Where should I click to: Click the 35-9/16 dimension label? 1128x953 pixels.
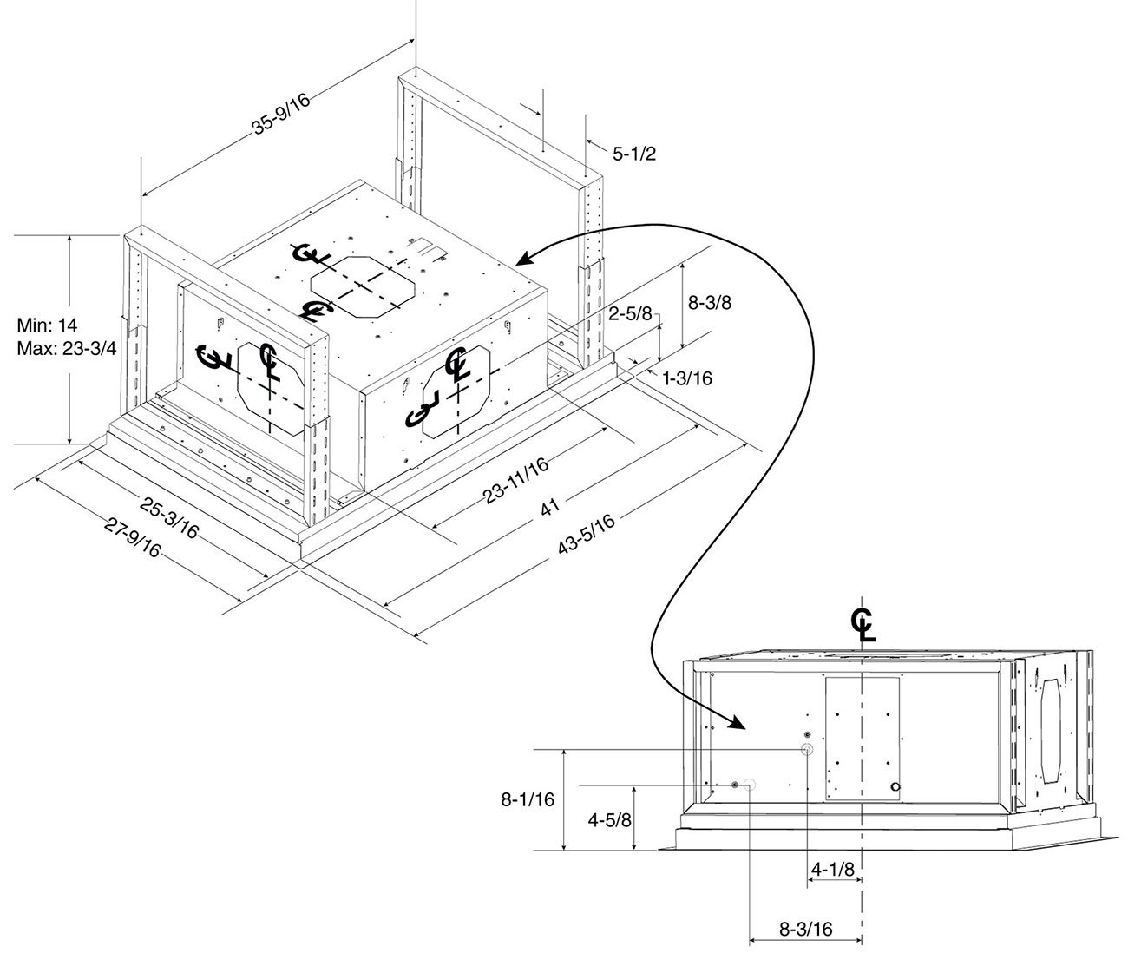click(x=281, y=114)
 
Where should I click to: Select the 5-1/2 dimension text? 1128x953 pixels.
click(x=633, y=154)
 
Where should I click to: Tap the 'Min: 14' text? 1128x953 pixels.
click(x=47, y=325)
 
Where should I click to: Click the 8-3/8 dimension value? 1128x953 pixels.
click(x=709, y=302)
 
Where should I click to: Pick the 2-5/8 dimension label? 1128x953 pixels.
click(x=630, y=313)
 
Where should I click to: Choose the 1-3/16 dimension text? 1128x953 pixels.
click(x=687, y=378)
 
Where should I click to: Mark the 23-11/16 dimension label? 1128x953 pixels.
click(x=515, y=481)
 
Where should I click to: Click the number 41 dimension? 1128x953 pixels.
click(x=550, y=507)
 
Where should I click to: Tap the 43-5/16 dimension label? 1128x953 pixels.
click(x=587, y=534)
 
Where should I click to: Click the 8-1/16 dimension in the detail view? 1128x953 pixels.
click(x=528, y=799)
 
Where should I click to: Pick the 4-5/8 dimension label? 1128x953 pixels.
click(x=609, y=820)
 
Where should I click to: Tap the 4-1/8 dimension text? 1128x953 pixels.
click(x=833, y=869)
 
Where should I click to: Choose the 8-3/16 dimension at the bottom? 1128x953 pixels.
click(x=805, y=929)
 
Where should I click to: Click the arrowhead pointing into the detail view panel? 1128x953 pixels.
click(x=736, y=723)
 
